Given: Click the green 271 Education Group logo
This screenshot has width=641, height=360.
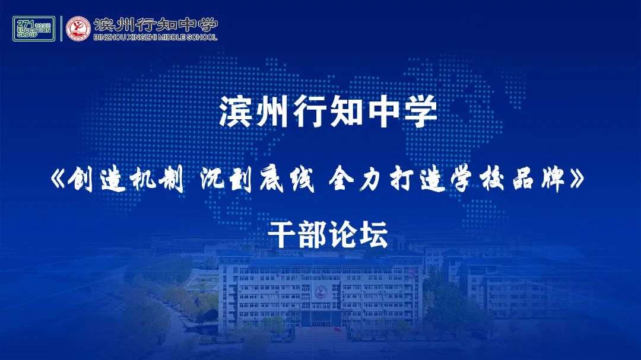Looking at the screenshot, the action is (34, 28).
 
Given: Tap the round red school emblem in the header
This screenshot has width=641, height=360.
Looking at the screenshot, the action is (78, 28).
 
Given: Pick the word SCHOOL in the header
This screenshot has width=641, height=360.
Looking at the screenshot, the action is (203, 37).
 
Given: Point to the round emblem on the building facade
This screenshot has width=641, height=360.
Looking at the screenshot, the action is (321, 292).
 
